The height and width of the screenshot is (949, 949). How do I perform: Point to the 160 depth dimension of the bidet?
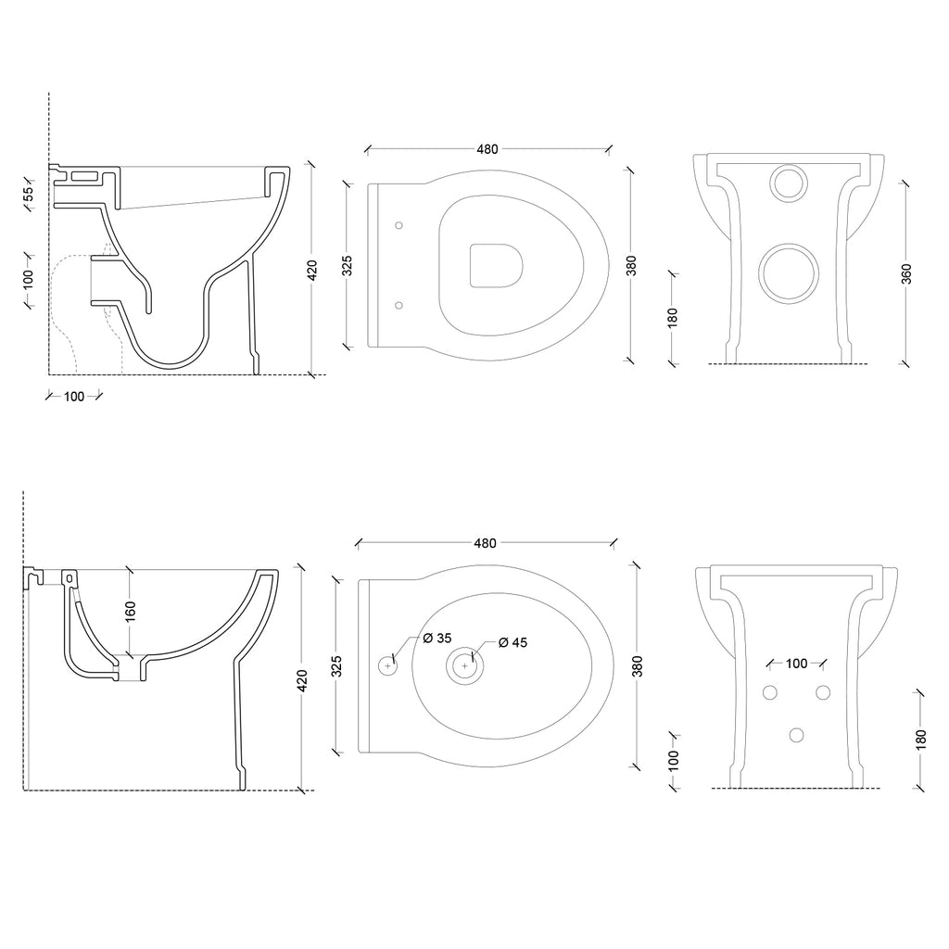131,611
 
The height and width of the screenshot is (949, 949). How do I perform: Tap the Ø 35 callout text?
437,639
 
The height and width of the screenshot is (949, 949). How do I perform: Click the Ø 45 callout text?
512,642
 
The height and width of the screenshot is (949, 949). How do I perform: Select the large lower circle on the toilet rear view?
789,275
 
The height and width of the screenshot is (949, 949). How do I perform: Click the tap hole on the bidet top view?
388,664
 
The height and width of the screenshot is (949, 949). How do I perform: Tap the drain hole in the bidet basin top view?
464,664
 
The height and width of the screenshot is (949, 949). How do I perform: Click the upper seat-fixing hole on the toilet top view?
399,224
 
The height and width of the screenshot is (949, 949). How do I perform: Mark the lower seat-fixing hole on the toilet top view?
399,304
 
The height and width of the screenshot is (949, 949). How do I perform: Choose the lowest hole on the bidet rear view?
794,735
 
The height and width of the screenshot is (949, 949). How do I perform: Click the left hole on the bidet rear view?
769,692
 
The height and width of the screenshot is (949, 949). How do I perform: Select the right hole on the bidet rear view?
821,692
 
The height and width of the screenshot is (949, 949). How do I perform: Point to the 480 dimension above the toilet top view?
487,149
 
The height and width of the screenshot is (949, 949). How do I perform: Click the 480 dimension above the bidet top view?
485,543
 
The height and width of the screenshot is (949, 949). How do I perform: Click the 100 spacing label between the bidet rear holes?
795,663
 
